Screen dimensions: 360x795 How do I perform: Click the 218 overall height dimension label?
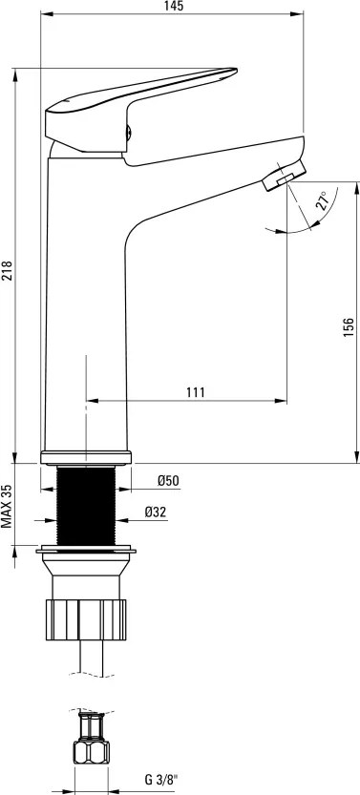[7, 271]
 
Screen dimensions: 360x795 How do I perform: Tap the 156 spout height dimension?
[349, 328]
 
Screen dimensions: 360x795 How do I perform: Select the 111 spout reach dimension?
[195, 392]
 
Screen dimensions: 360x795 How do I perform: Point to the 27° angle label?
[323, 199]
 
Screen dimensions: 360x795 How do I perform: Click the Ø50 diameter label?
[168, 481]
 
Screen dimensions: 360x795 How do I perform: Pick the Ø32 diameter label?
[155, 513]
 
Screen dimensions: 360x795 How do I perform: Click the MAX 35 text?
[7, 507]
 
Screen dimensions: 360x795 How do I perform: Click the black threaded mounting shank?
[86, 506]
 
